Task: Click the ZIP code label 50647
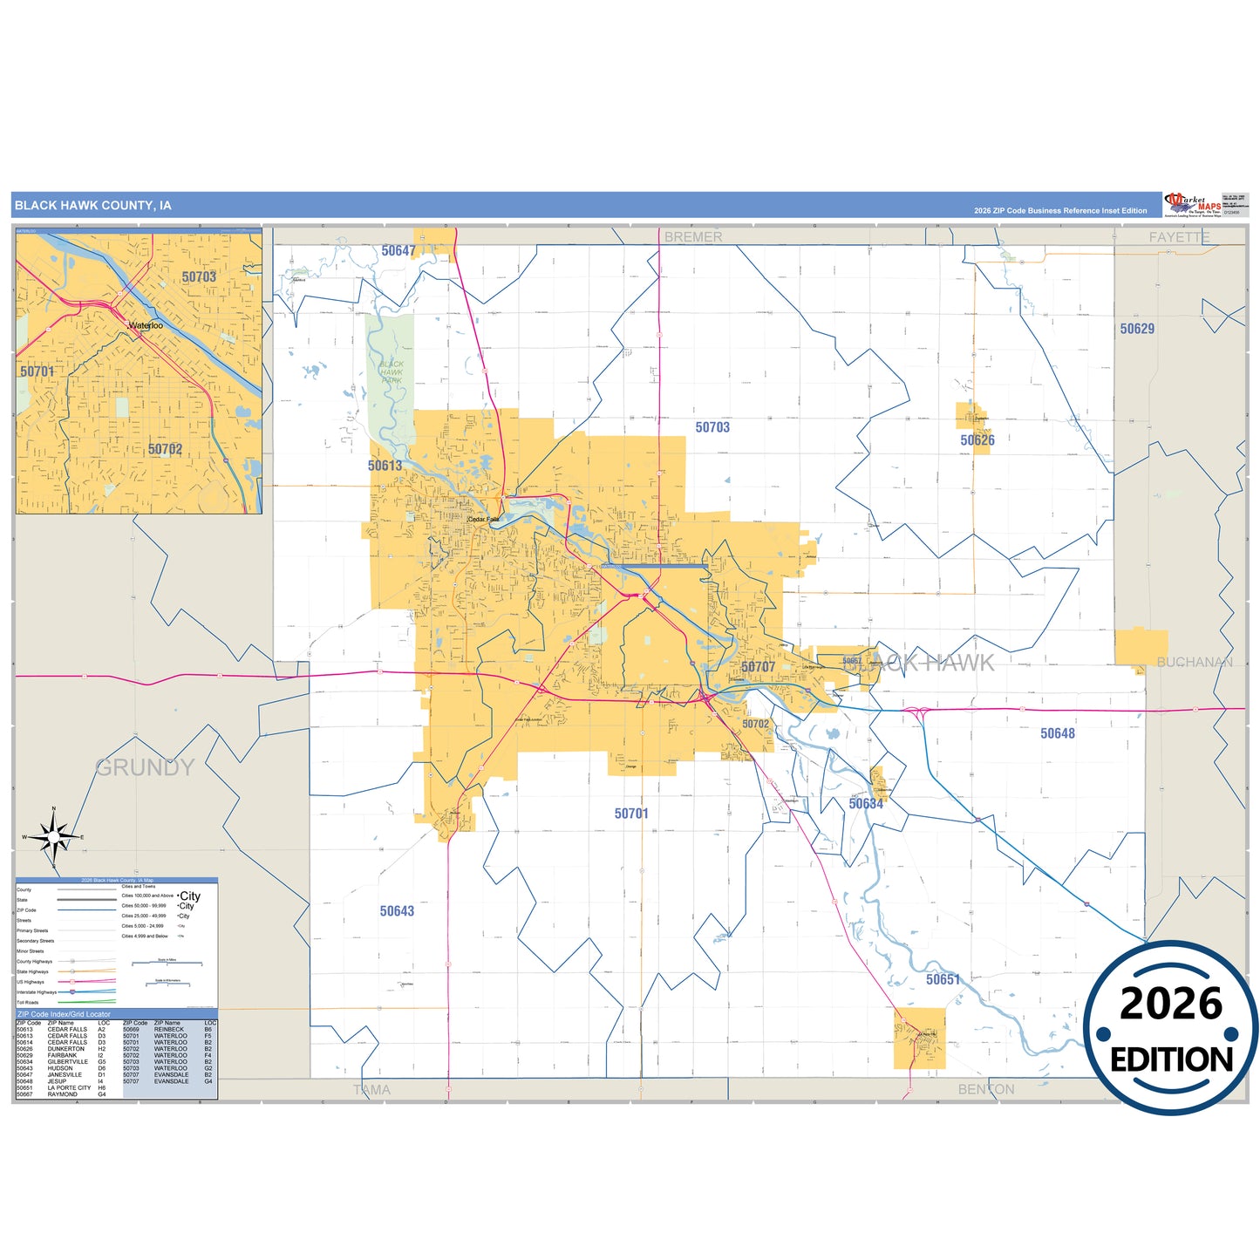click(x=398, y=251)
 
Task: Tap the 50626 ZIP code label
click(x=977, y=440)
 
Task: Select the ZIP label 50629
click(x=1137, y=329)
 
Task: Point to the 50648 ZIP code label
click(x=1057, y=733)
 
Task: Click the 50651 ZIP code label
click(x=943, y=979)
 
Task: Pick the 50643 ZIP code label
click(x=397, y=911)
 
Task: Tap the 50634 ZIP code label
click(x=866, y=804)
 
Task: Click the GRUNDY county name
click(x=145, y=767)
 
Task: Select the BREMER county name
click(x=693, y=236)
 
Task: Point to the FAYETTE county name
click(x=1179, y=237)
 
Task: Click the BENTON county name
click(x=986, y=1089)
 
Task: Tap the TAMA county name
click(x=371, y=1089)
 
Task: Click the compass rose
click(x=54, y=838)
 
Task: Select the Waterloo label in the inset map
click(x=146, y=325)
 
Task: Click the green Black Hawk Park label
click(x=392, y=372)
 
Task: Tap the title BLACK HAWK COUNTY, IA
click(x=93, y=206)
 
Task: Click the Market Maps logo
click(x=1192, y=205)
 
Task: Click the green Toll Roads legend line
click(x=86, y=1002)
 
